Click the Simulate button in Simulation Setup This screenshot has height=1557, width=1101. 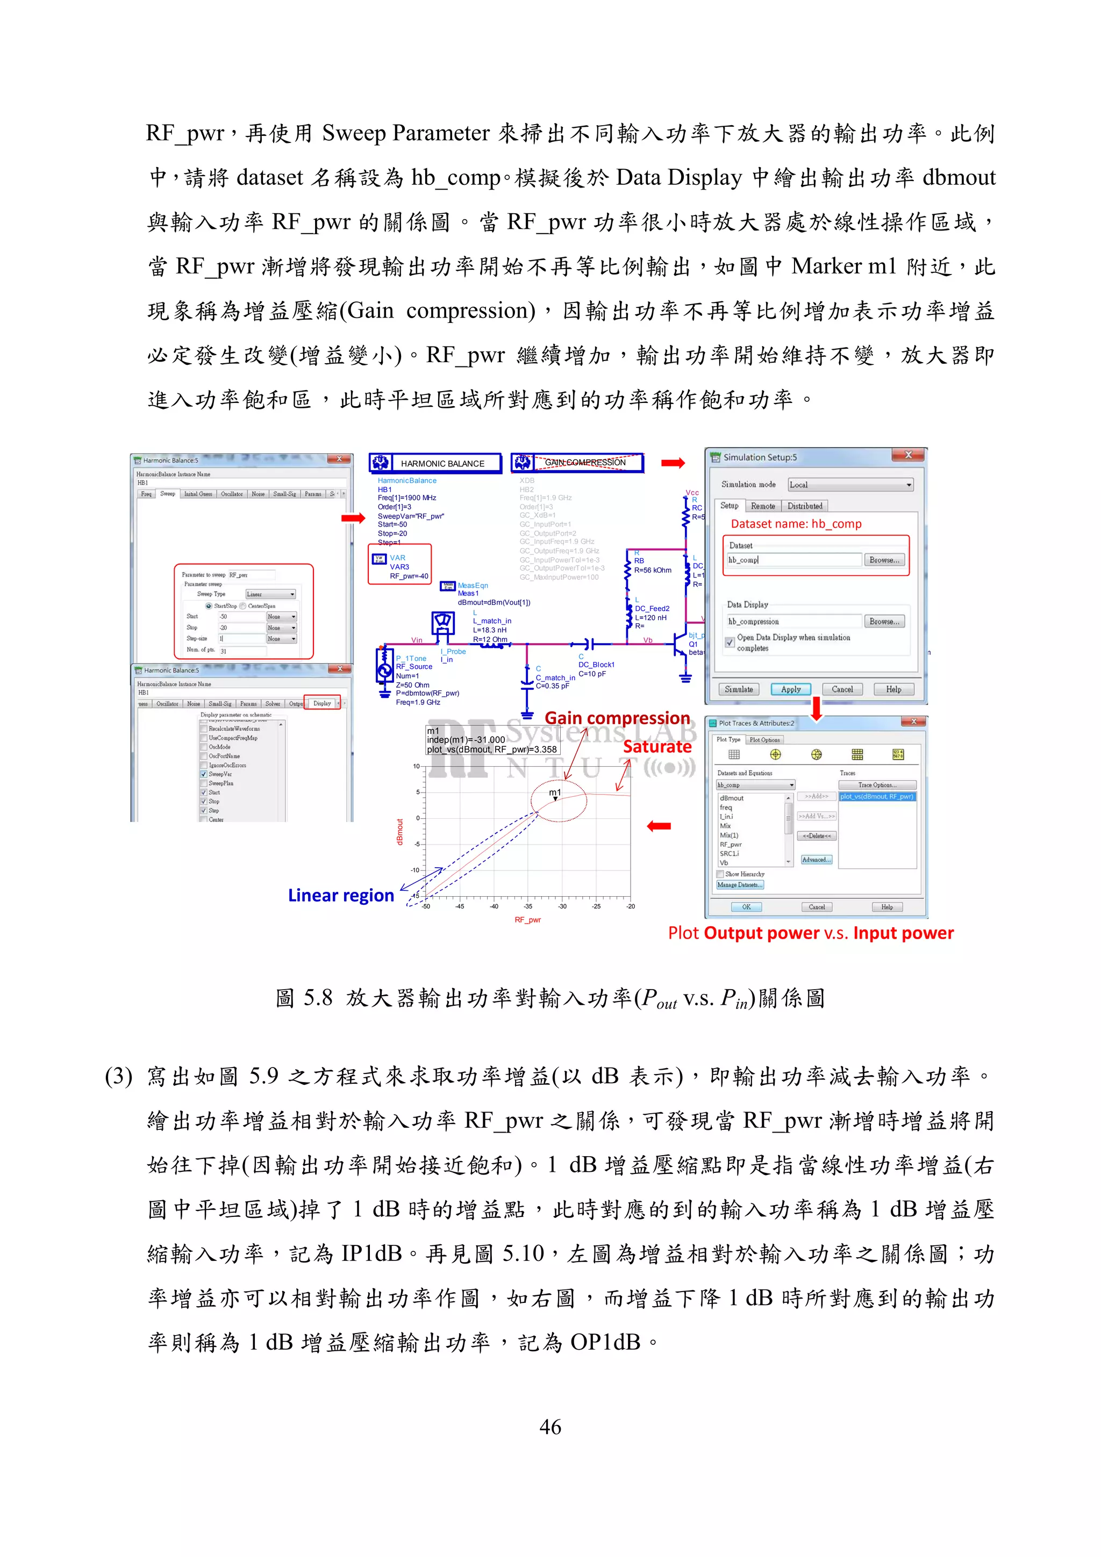click(738, 689)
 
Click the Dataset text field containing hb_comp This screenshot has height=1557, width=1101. click(793, 560)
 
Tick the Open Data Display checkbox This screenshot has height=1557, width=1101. click(730, 641)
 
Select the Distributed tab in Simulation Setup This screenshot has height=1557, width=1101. click(805, 506)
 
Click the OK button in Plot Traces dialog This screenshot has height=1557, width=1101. click(746, 907)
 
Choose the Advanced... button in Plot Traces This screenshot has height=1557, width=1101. click(816, 860)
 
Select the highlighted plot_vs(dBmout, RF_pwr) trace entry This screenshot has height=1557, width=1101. click(877, 797)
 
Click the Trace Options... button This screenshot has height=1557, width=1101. click(877, 784)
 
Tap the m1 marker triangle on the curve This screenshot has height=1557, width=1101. click(555, 799)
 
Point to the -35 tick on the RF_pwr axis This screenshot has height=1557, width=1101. click(528, 906)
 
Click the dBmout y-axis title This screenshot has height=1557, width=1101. click(399, 832)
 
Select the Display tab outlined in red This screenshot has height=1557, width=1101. click(321, 703)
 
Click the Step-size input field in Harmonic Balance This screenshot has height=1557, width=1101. click(241, 639)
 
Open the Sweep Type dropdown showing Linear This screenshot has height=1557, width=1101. click(270, 594)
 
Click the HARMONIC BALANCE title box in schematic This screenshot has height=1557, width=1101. click(435, 463)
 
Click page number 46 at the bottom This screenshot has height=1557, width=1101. click(550, 1427)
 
